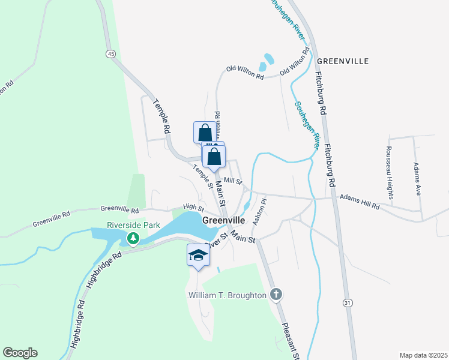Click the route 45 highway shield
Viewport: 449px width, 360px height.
click(x=110, y=54)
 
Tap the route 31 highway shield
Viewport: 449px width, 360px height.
click(x=348, y=304)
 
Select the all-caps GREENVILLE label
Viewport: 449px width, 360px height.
click(x=342, y=61)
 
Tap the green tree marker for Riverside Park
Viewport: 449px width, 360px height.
click(x=133, y=239)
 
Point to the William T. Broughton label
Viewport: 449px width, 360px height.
click(x=227, y=295)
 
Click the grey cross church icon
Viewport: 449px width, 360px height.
click(x=276, y=294)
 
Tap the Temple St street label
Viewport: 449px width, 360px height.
click(x=203, y=176)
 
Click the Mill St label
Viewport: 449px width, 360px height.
click(x=232, y=181)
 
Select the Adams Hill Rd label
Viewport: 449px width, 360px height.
click(x=360, y=200)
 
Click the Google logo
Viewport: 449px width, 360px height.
click(x=20, y=353)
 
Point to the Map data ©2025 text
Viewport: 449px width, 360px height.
click(x=423, y=355)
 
